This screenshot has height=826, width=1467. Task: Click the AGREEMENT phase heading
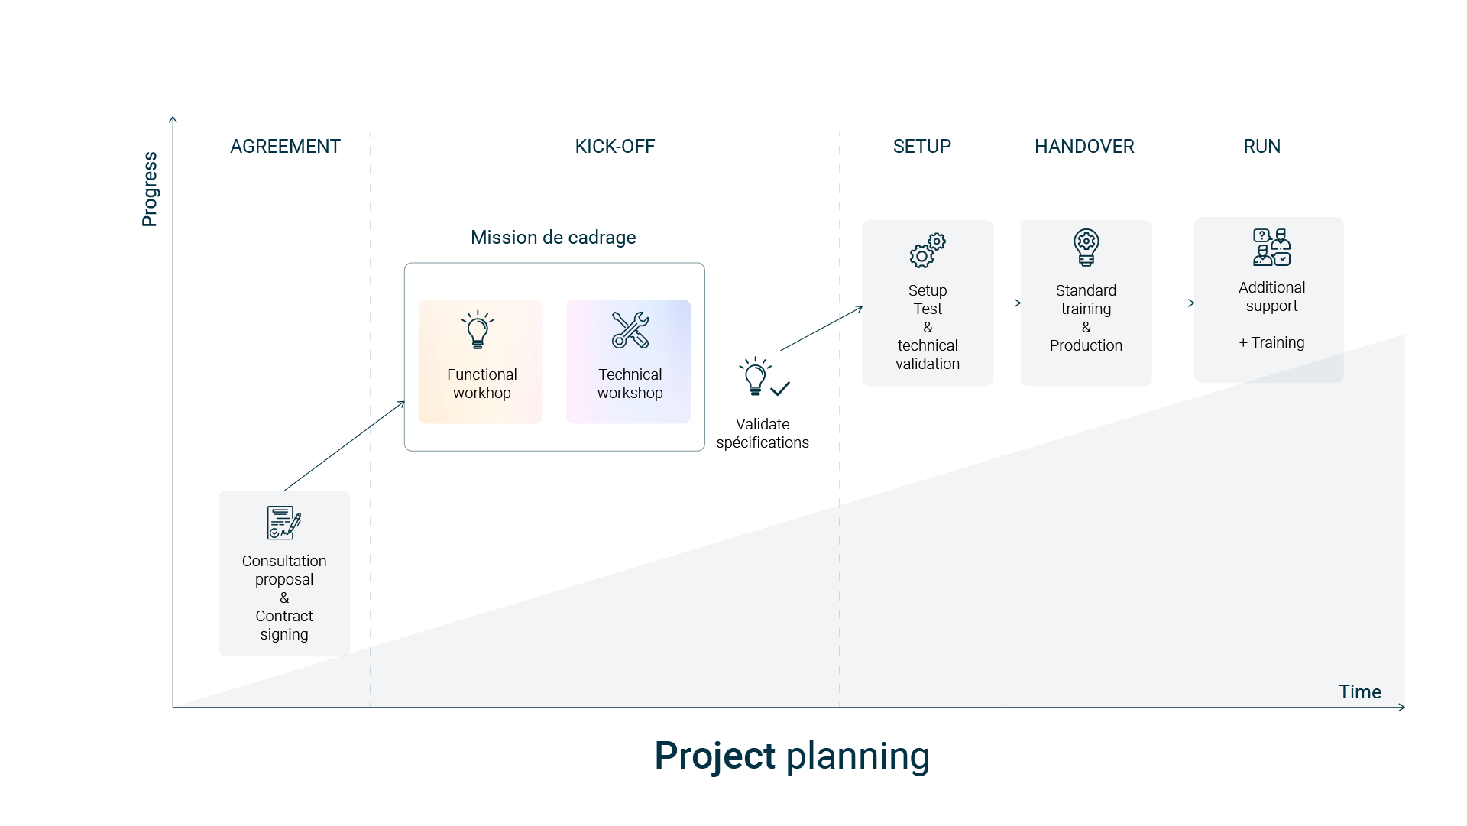click(x=285, y=146)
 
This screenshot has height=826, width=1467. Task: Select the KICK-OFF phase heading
click(x=614, y=146)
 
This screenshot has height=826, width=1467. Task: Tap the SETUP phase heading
click(x=921, y=146)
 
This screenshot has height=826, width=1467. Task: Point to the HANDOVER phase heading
click(x=1084, y=146)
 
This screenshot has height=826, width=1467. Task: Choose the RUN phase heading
click(x=1261, y=146)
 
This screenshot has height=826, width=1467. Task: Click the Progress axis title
click(x=150, y=189)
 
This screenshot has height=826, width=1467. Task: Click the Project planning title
click(x=792, y=756)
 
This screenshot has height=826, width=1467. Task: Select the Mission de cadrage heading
click(x=553, y=238)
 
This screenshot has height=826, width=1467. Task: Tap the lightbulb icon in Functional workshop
click(x=478, y=329)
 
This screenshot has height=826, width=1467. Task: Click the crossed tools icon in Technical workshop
click(x=630, y=329)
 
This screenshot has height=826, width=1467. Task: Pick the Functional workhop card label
click(x=481, y=384)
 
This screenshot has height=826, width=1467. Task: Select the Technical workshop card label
click(x=630, y=384)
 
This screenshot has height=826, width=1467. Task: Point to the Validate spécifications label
click(x=762, y=433)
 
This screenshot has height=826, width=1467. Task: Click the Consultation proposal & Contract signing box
click(x=284, y=573)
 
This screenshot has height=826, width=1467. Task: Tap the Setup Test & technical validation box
click(x=928, y=303)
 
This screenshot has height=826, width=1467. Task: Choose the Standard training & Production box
click(x=1086, y=303)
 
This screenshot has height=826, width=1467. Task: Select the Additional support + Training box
click(x=1268, y=300)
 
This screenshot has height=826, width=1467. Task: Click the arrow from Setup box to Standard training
click(x=1007, y=303)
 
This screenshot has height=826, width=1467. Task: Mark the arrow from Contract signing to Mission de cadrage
click(x=344, y=445)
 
